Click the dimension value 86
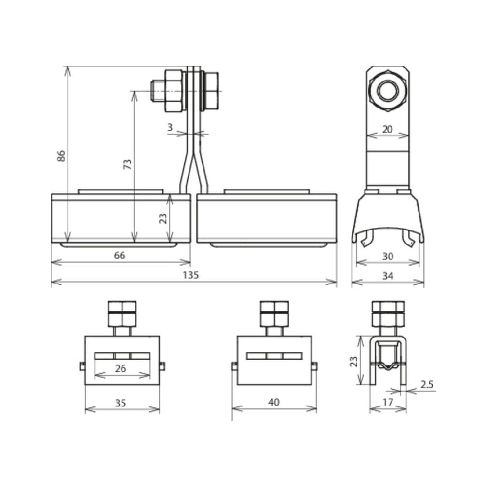[62, 156]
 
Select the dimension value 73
[128, 164]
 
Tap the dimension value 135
[190, 275]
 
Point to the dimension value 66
[120, 255]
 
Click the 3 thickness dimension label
[170, 127]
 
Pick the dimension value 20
[387, 129]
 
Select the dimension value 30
[388, 256]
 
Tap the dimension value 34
[388, 276]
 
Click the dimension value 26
[121, 368]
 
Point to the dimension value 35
[121, 403]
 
